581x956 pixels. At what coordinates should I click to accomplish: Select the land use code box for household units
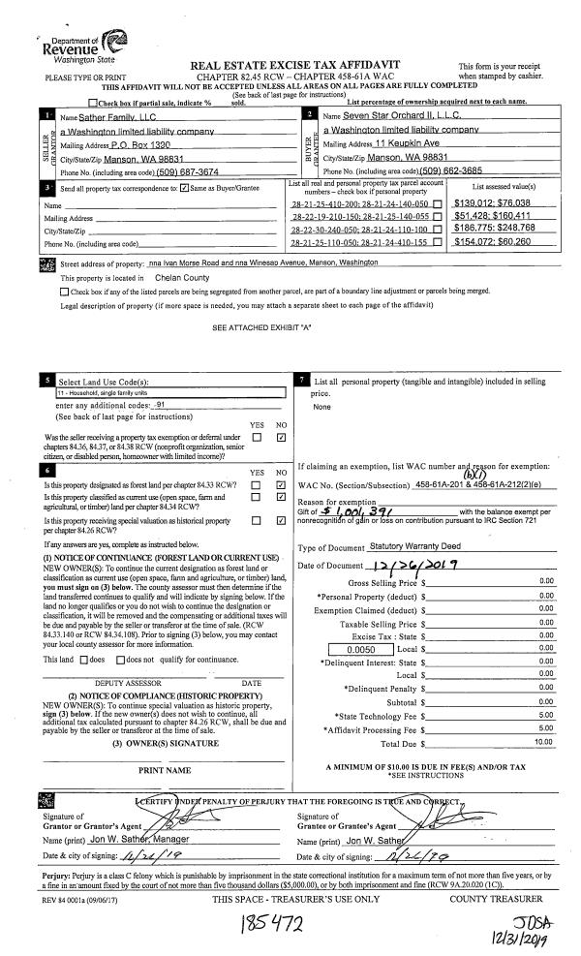point(170,393)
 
